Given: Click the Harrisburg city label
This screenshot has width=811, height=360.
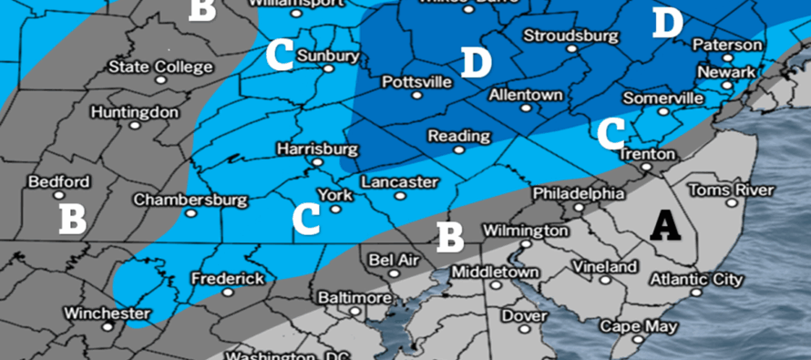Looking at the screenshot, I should click(314, 148).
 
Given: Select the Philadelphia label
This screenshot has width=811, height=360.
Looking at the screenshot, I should click(579, 193).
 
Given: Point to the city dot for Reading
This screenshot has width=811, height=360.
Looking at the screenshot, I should click(459, 149).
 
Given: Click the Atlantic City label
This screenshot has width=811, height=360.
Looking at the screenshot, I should click(694, 279).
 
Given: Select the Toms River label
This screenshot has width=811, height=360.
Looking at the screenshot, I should click(730, 190).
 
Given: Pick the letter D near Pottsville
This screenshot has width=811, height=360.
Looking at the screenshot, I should click(476, 63).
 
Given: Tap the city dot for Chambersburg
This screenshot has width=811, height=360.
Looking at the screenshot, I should click(190, 213).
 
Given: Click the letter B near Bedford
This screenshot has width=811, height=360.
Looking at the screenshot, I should click(72, 218).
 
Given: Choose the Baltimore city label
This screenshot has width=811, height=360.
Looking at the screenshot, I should click(355, 298).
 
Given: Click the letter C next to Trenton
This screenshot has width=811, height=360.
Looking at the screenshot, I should click(611, 133).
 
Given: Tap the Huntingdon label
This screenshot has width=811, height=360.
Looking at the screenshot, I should click(134, 112).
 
